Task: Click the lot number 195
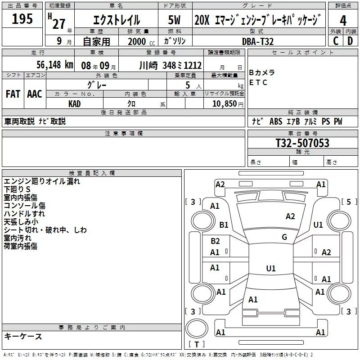(x=22, y=19)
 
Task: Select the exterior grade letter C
(x=335, y=40)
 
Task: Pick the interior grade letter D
(x=350, y=40)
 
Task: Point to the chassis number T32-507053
(x=302, y=144)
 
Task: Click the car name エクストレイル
(x=116, y=20)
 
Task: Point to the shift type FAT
(x=13, y=94)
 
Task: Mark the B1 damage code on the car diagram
(x=224, y=225)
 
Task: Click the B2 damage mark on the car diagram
(x=215, y=241)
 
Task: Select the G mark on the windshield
(x=284, y=237)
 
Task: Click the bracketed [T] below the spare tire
(x=196, y=345)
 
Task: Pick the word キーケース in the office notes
(x=23, y=336)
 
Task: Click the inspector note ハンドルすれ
(x=24, y=214)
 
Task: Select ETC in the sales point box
(x=258, y=82)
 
